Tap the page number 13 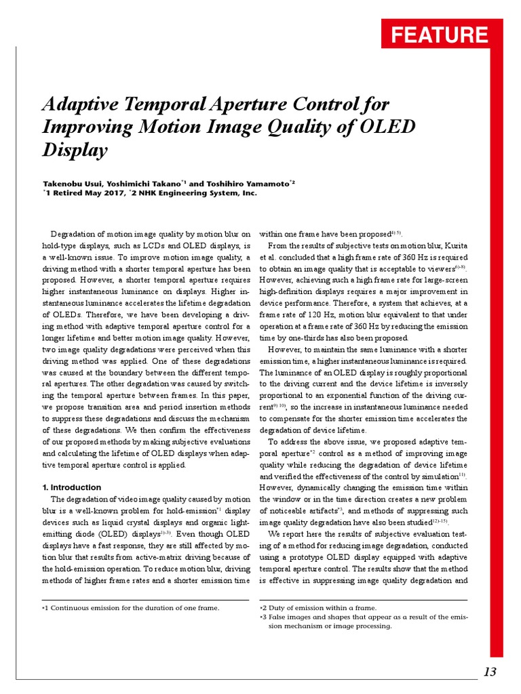coord(490,671)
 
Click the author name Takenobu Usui coord(71,183)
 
